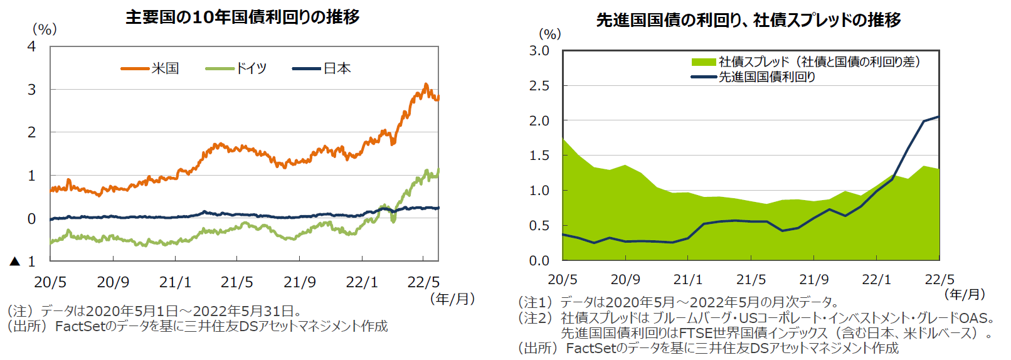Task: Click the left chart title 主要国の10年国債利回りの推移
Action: [243, 17]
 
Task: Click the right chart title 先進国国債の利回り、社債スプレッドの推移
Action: [748, 20]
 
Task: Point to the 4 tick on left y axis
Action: [31, 46]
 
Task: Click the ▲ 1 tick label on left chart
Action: [24, 262]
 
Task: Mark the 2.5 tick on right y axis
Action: [539, 85]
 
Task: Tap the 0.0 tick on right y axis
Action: [539, 260]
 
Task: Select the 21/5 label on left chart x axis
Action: [237, 282]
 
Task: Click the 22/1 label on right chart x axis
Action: [876, 280]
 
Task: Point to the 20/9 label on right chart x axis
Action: [625, 280]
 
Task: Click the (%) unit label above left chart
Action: [45, 29]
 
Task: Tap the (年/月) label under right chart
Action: [965, 294]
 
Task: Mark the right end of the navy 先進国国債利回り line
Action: [939, 116]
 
